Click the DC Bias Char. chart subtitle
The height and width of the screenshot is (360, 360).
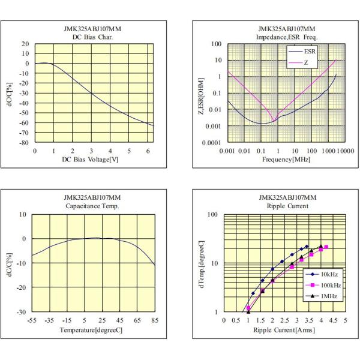(x=93, y=37)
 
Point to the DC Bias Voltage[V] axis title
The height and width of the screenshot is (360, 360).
(x=93, y=160)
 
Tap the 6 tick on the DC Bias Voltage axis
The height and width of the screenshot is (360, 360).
(x=147, y=151)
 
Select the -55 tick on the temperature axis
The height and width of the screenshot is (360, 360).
(x=32, y=320)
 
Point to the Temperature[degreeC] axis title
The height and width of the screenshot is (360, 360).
(x=92, y=330)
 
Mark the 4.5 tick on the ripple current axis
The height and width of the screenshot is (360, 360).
(x=334, y=320)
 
